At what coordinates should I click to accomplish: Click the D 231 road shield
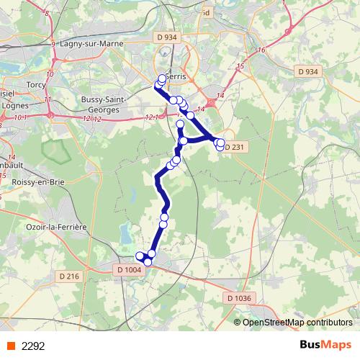[x=235, y=148]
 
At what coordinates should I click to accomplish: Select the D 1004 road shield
[x=127, y=270]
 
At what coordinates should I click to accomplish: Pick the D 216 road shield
[x=70, y=276]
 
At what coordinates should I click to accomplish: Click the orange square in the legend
[x=11, y=346]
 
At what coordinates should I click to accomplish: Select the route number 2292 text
[x=34, y=346]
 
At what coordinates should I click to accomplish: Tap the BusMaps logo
[x=325, y=345]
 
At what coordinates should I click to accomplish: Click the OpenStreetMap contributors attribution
[x=297, y=322]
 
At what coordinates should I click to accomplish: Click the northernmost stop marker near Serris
[x=162, y=79]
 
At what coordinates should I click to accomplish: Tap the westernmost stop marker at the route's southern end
[x=140, y=256]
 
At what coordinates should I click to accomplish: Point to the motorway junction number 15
[x=240, y=66]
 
